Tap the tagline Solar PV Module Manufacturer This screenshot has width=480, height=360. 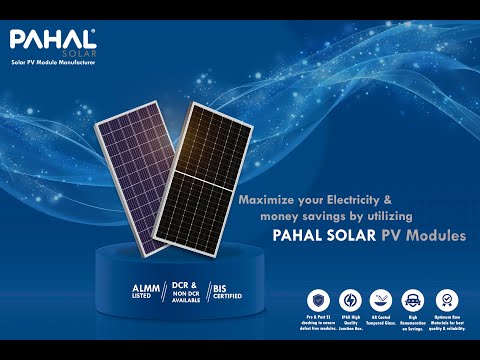pos(52,62)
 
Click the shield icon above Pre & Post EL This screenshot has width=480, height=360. pos(317,297)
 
